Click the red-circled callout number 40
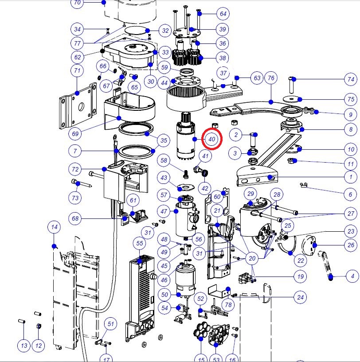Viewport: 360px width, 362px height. pyautogui.click(x=211, y=139)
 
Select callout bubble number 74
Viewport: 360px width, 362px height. pyautogui.click(x=351, y=79)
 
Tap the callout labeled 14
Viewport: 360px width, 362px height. pyautogui.click(x=54, y=227)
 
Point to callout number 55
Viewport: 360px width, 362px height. pyautogui.click(x=140, y=243)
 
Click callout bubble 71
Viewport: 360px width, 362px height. pyautogui.click(x=77, y=70)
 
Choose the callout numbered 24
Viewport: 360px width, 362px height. pyautogui.click(x=300, y=297)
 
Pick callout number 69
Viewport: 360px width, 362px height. pyautogui.click(x=75, y=134)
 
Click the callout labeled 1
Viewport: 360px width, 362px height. pyautogui.click(x=351, y=177)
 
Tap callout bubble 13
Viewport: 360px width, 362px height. pyautogui.click(x=24, y=346)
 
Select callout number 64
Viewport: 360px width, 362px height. pyautogui.click(x=223, y=14)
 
